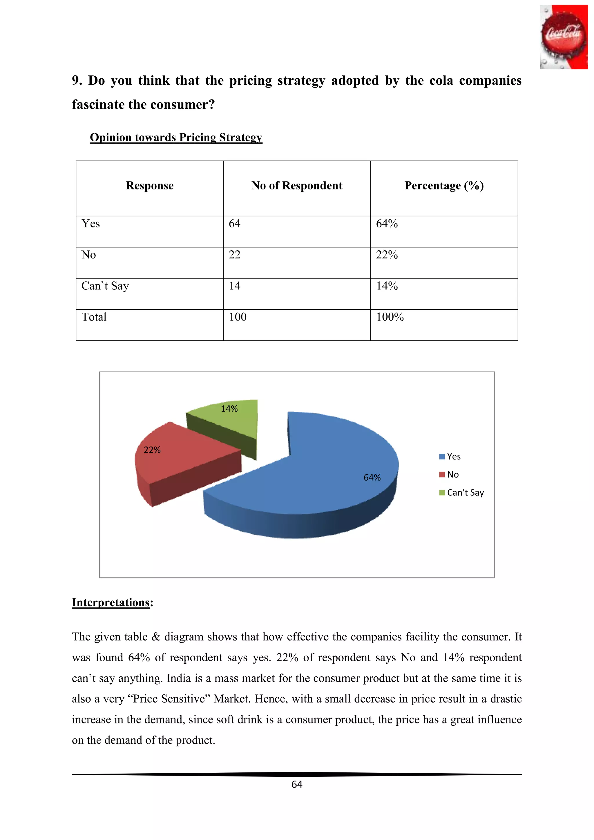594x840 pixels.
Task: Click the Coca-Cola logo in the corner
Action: click(x=563, y=37)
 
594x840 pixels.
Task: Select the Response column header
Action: click(x=150, y=186)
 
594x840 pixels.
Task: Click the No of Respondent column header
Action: click(x=297, y=186)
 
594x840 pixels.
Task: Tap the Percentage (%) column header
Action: click(x=444, y=186)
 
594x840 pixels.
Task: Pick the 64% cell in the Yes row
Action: click(x=387, y=224)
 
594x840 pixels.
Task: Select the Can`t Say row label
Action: click(x=105, y=286)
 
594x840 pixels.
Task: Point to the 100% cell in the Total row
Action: click(x=390, y=317)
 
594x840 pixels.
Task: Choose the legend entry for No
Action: click(x=449, y=475)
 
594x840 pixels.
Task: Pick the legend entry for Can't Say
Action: click(x=461, y=493)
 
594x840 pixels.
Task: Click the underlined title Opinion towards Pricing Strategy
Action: click(x=176, y=137)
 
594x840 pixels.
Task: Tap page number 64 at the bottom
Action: click(x=297, y=784)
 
